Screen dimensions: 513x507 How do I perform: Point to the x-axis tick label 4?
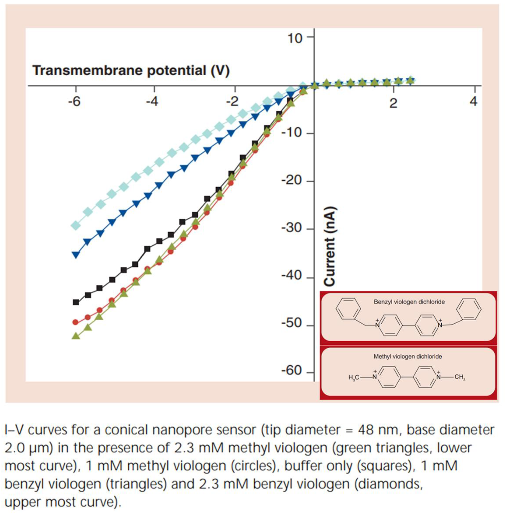474,102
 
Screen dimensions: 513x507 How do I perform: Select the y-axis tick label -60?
294,370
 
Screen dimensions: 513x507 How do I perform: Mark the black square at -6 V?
76,302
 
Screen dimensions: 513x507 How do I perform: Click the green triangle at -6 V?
76,336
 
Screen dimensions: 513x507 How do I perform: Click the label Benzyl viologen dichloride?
409,302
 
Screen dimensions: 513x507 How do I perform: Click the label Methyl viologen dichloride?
408,357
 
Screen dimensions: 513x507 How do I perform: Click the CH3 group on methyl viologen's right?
460,377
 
